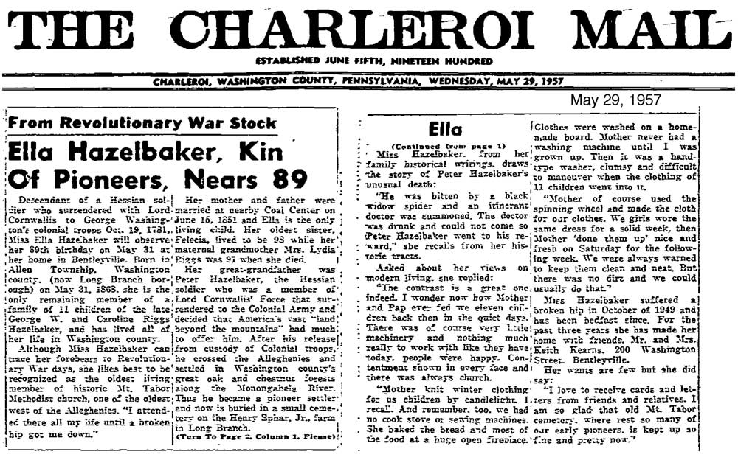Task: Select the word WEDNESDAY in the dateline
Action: (472, 81)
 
